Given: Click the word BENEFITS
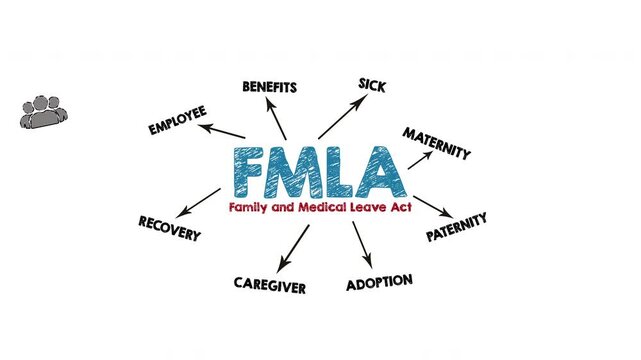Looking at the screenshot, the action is pyautogui.click(x=269, y=87).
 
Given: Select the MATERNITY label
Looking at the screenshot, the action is pyautogui.click(x=436, y=143).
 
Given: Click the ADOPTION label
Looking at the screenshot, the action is pyautogui.click(x=379, y=283).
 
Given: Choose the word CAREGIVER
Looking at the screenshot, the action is pyautogui.click(x=270, y=284).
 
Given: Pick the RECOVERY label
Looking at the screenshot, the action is pyautogui.click(x=169, y=228).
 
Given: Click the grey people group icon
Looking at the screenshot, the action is pyautogui.click(x=44, y=111).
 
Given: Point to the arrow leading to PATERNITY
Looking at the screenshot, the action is pyautogui.click(x=432, y=206).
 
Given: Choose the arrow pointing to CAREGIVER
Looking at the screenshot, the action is pyautogui.click(x=294, y=248).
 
